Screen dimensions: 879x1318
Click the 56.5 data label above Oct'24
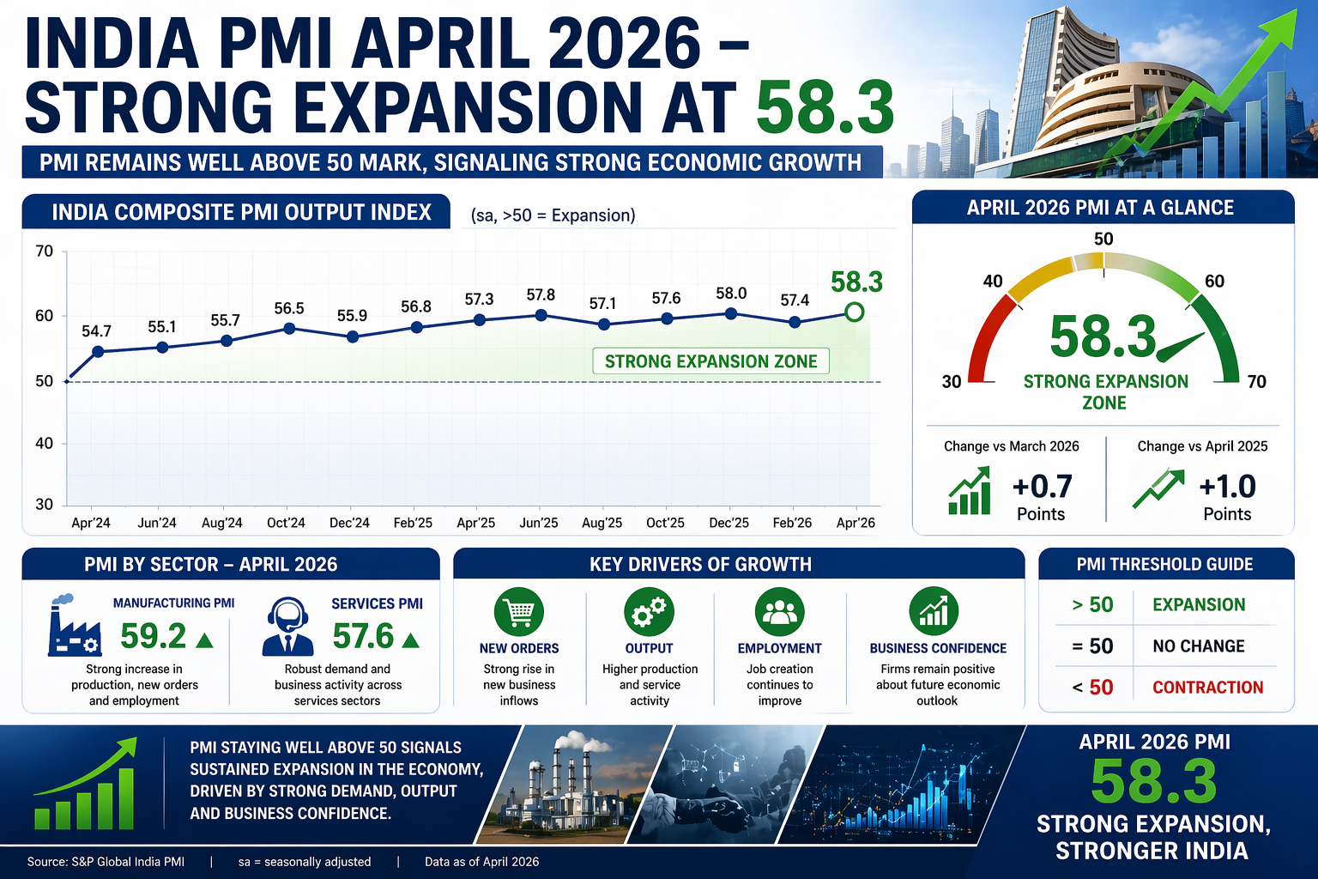click(x=289, y=308)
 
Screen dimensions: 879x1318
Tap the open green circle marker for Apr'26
click(x=854, y=312)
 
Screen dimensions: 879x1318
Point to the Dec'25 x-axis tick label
click(x=729, y=523)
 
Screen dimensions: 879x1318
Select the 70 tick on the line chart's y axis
click(x=45, y=252)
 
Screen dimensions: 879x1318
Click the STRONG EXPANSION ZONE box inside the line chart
click(x=710, y=361)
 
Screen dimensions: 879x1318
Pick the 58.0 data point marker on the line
click(x=731, y=314)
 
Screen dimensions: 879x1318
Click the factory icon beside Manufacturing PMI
click(x=75, y=627)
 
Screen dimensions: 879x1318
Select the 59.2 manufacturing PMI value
click(x=153, y=637)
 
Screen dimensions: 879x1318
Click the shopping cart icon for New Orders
click(x=519, y=612)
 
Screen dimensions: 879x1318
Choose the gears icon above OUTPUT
click(x=649, y=612)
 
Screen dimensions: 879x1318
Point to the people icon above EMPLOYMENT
click(x=779, y=612)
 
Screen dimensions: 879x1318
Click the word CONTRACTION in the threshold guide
click(x=1207, y=688)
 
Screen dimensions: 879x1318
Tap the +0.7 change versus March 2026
click(x=1042, y=487)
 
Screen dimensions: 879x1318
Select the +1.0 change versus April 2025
click(x=1227, y=487)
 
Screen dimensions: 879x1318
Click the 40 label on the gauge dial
click(x=993, y=282)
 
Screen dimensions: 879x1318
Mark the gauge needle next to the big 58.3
click(x=1181, y=348)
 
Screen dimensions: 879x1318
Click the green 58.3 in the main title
click(x=825, y=107)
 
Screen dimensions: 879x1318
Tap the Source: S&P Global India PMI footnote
click(x=106, y=862)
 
